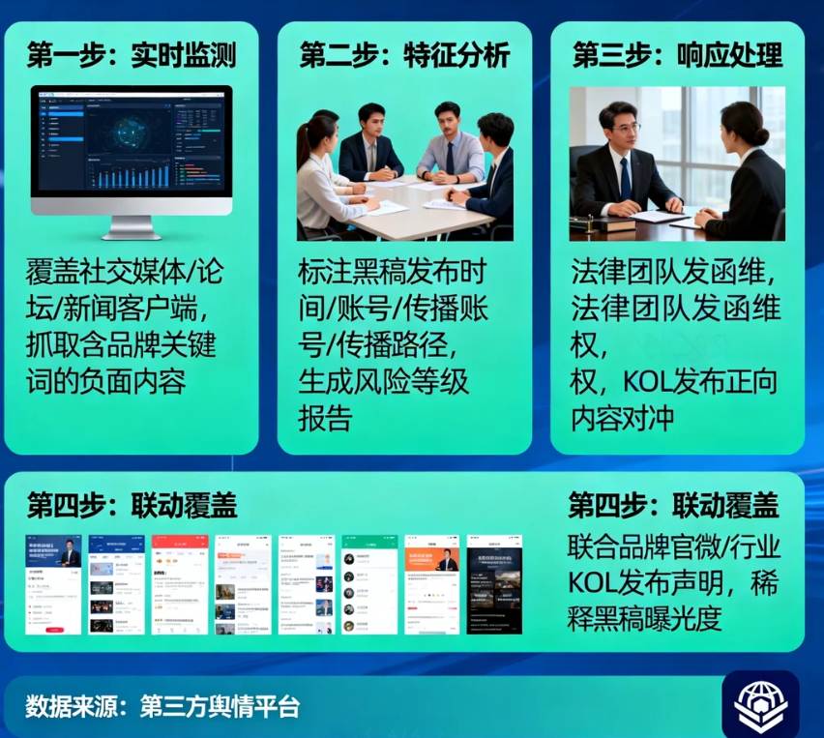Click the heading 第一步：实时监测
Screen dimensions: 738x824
(131, 55)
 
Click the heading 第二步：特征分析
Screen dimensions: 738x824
(404, 55)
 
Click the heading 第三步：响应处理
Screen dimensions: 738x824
(677, 55)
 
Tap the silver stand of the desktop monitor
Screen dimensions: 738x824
(132, 226)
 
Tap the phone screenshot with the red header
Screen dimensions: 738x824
(179, 584)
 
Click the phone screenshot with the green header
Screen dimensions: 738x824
(368, 584)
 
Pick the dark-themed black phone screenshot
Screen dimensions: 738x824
(494, 584)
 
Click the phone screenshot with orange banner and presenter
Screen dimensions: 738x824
(431, 584)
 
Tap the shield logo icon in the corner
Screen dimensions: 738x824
(760, 703)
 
